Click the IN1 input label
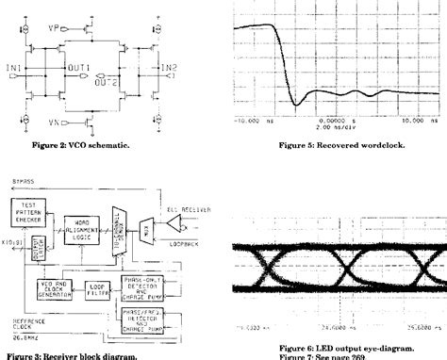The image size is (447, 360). click(x=12, y=67)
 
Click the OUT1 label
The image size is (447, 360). click(x=91, y=67)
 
